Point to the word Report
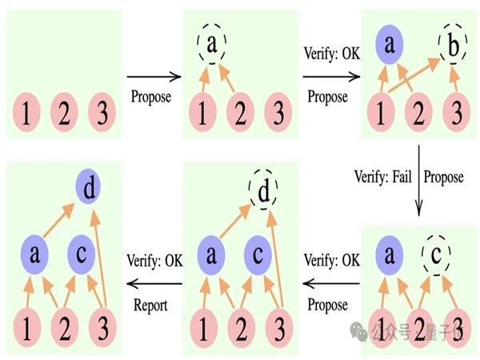coord(148,305)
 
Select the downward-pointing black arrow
coord(418,178)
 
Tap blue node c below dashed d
coord(258,256)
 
